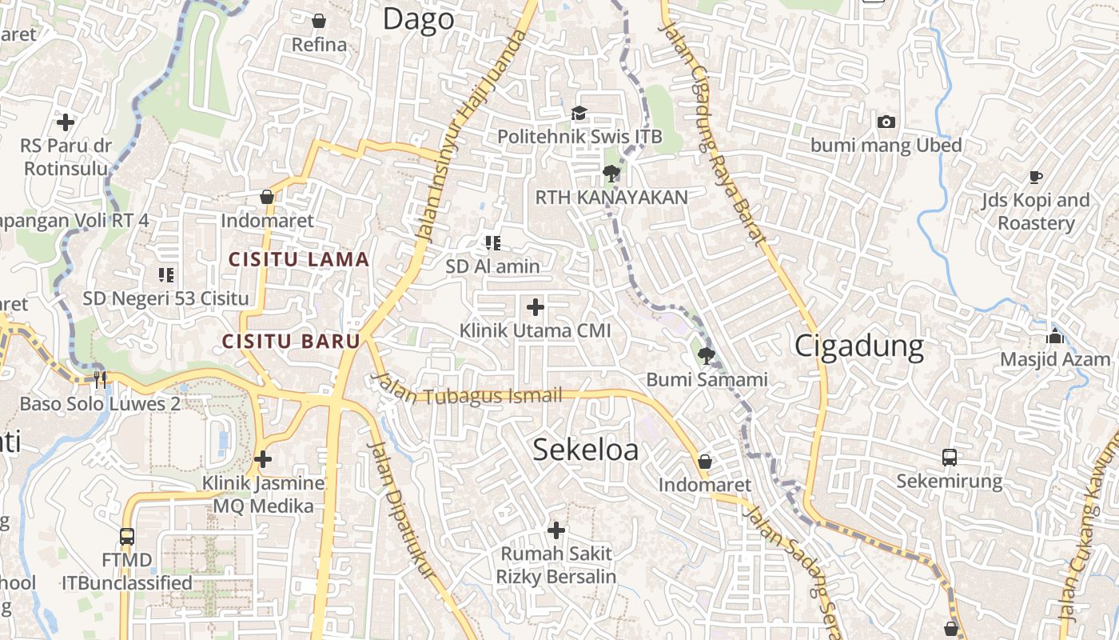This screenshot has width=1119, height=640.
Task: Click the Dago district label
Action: point(418,19)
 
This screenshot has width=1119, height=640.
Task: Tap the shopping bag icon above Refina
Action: point(319,20)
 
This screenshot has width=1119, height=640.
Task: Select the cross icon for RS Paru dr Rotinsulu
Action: point(66,122)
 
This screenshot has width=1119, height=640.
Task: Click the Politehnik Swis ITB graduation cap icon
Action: point(579,114)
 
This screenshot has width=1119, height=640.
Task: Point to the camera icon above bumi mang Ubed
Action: point(886,122)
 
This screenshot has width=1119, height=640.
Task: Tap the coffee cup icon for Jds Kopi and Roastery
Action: point(1036,177)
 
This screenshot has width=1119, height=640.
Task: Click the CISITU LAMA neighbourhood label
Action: point(299,259)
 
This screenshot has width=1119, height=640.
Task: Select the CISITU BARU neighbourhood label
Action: point(291,341)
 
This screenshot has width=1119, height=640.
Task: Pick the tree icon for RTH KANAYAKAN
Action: point(611,173)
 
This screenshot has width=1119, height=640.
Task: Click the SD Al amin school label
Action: point(492,266)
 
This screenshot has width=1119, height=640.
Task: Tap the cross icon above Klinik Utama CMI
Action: point(536,307)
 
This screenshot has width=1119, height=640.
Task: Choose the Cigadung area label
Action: point(858,346)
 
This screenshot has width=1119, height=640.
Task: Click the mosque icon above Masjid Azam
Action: point(1055,336)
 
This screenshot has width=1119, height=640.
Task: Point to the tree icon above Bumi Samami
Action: point(706,355)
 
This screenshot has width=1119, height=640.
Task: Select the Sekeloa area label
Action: point(585,450)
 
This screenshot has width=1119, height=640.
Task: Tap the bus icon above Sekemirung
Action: point(949,458)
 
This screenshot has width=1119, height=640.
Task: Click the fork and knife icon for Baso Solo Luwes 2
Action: point(100,379)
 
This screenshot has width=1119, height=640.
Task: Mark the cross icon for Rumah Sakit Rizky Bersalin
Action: point(556,530)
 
